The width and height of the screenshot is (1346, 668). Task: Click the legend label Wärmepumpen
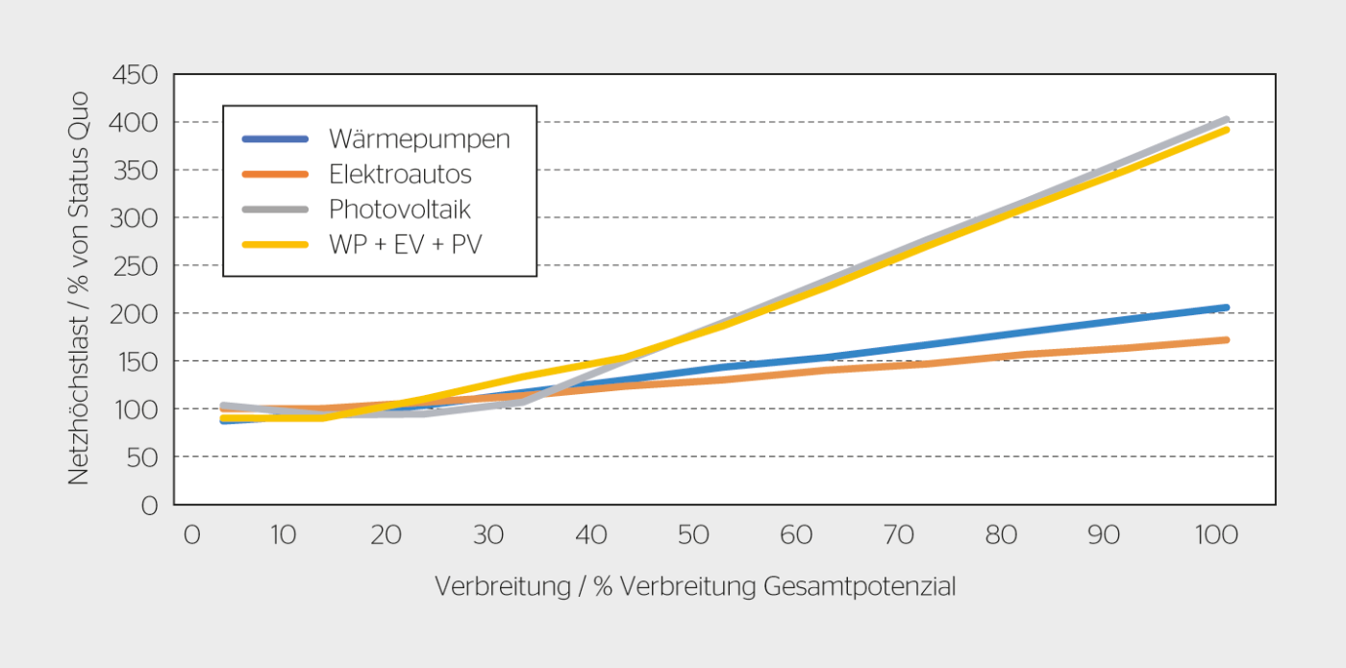click(419, 139)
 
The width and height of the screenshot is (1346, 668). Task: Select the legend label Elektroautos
click(400, 174)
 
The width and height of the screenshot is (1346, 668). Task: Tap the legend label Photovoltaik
click(400, 209)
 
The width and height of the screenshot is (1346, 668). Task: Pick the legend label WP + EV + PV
click(405, 244)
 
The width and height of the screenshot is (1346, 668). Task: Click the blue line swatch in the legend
click(275, 139)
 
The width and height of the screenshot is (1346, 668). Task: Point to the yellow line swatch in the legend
click(275, 244)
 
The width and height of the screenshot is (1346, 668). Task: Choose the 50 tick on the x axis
click(693, 535)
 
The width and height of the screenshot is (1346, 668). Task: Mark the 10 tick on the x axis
click(282, 535)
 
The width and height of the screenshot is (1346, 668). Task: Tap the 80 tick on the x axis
click(1001, 535)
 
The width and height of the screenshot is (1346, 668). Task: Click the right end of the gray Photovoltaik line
click(1226, 119)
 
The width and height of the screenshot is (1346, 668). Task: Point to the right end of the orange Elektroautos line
click(1226, 339)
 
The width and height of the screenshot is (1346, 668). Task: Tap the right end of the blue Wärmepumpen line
click(1226, 308)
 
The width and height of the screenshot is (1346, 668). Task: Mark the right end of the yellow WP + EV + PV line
click(1226, 129)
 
